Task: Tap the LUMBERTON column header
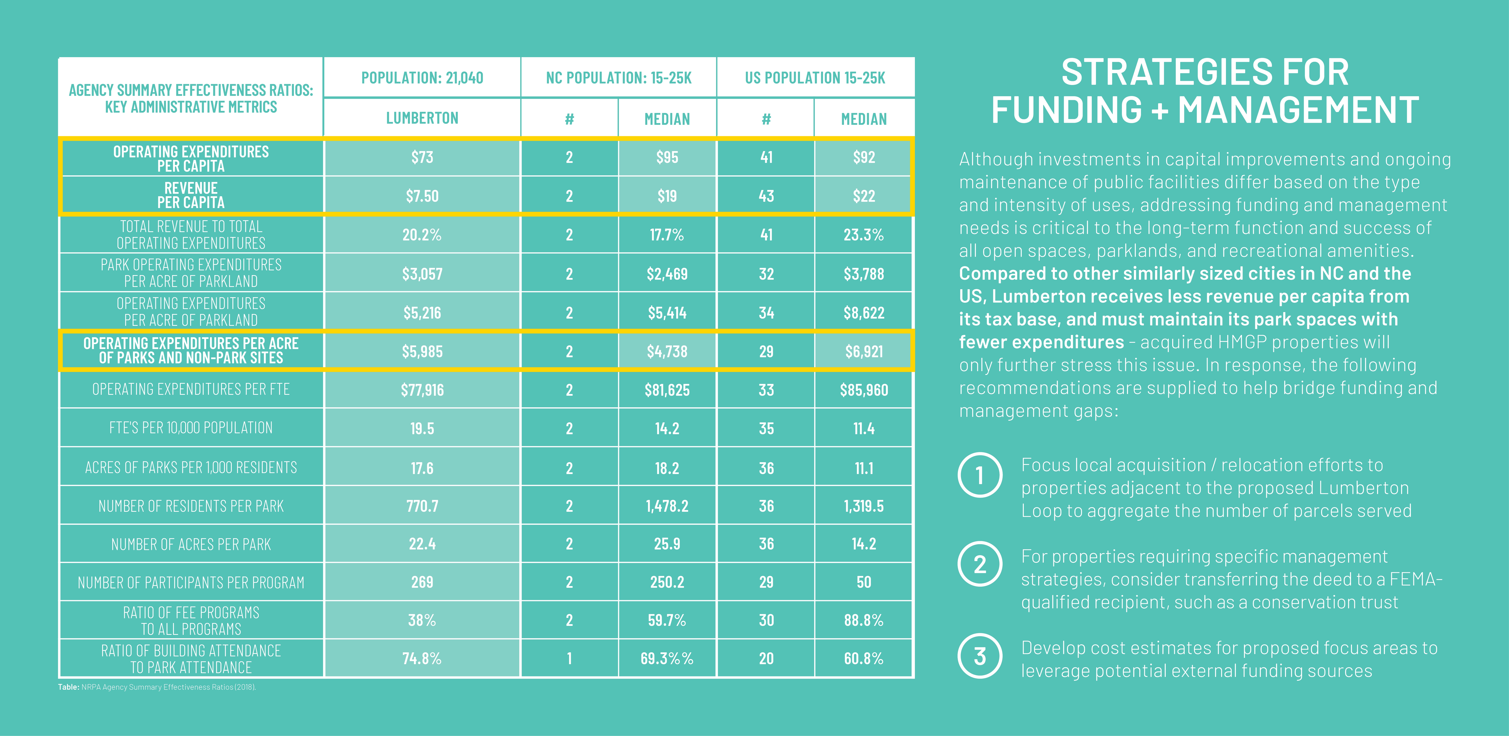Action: pyautogui.click(x=422, y=118)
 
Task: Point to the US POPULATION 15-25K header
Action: pyautogui.click(x=815, y=78)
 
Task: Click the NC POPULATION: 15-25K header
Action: pyautogui.click(x=619, y=78)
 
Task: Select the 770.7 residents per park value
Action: pyautogui.click(x=422, y=506)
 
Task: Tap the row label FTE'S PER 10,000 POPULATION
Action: pyautogui.click(x=191, y=428)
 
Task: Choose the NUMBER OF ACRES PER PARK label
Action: pyautogui.click(x=191, y=545)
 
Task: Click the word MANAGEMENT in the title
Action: pyautogui.click(x=1298, y=110)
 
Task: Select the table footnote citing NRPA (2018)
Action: pyautogui.click(x=157, y=687)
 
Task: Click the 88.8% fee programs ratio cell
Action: pyautogui.click(x=863, y=620)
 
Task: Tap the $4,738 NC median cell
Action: pyautogui.click(x=667, y=351)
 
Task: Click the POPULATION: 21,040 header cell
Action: pyautogui.click(x=422, y=78)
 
